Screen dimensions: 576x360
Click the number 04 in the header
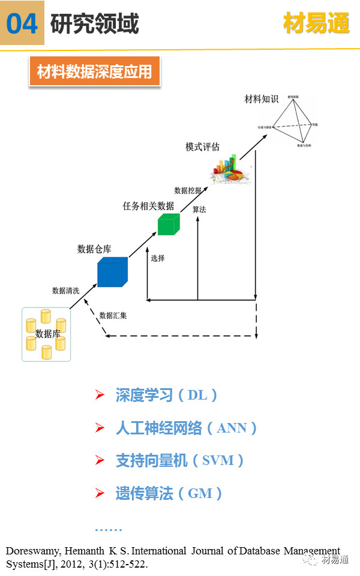(22, 24)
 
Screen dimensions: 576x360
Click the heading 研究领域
(95, 24)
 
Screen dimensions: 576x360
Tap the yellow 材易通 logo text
(316, 24)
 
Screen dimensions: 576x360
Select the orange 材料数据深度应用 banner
(95, 73)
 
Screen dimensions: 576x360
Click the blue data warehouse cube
(112, 272)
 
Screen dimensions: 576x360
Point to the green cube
(168, 224)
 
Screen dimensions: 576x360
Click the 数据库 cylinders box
(46, 334)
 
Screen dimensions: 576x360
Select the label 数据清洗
(67, 290)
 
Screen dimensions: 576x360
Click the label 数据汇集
(113, 314)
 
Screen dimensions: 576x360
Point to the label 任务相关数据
(148, 206)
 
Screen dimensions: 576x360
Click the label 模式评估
(203, 146)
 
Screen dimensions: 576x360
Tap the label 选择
(158, 258)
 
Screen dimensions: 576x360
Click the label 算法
(199, 210)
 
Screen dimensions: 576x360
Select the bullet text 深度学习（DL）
(166, 395)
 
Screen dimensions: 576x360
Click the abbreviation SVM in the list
(214, 461)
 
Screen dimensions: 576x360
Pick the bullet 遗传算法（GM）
(169, 494)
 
